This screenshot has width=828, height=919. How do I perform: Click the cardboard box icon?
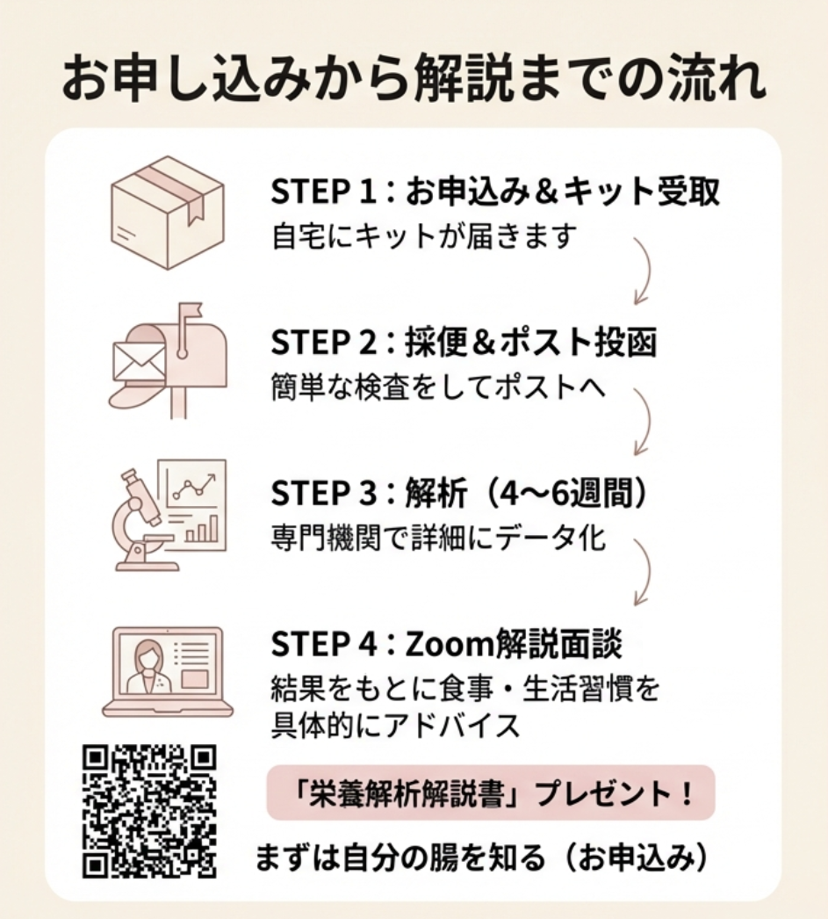[168, 212]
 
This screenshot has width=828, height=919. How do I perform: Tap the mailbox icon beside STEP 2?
[168, 360]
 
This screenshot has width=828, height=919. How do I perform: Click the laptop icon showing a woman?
[168, 671]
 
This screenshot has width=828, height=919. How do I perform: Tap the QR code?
[149, 811]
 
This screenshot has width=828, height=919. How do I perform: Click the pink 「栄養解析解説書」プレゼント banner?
[491, 792]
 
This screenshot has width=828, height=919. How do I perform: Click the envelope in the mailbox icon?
[140, 362]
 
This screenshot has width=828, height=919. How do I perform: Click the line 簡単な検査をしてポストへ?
[438, 387]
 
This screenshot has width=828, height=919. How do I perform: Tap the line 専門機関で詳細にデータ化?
[438, 538]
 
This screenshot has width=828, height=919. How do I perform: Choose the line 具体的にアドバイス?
[396, 726]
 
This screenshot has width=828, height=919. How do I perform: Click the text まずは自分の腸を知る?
[400, 858]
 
